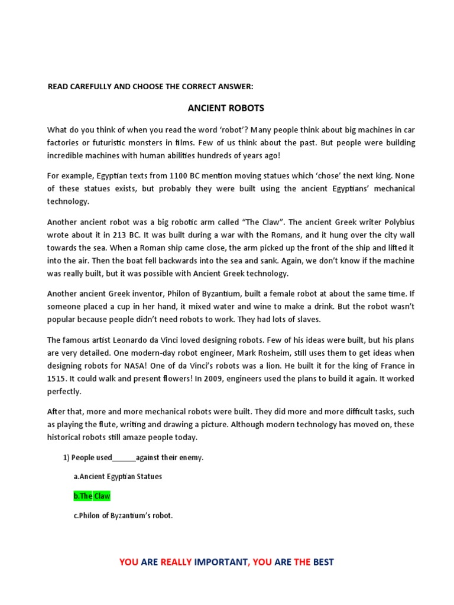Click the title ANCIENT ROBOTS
click(x=226, y=108)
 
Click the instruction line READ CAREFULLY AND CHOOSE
click(x=150, y=86)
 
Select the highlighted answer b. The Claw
click(x=92, y=496)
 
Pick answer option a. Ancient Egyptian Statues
click(x=118, y=476)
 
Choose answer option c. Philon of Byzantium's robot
click(x=123, y=515)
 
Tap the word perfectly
click(x=64, y=391)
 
